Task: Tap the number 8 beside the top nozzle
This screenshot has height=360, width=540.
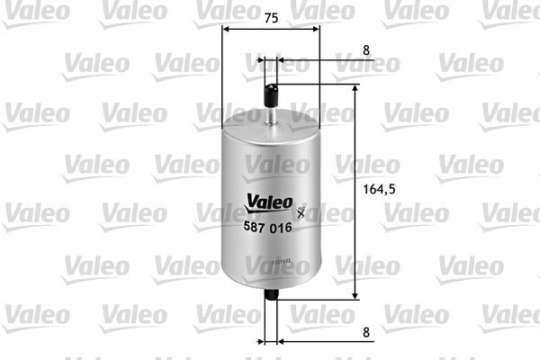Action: [365, 51]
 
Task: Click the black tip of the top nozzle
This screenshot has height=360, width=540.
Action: [271, 91]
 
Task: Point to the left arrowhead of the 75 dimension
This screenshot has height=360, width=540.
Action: [226, 29]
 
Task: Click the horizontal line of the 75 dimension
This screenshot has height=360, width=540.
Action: [270, 29]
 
